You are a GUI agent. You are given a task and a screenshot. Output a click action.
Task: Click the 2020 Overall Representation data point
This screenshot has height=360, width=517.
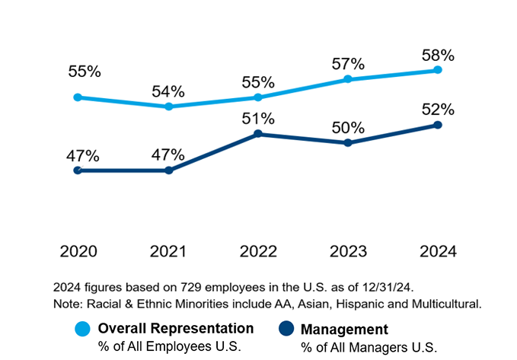pyautogui.click(x=78, y=97)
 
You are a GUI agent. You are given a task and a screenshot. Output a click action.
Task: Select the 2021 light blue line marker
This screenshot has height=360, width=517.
pyautogui.click(x=168, y=107)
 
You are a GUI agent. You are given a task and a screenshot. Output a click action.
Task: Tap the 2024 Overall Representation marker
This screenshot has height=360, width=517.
pyautogui.click(x=437, y=70)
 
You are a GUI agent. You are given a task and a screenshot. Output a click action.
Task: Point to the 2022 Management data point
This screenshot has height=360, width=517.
pyautogui.click(x=258, y=134)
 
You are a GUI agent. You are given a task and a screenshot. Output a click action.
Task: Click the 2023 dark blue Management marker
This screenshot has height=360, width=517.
pyautogui.click(x=347, y=143)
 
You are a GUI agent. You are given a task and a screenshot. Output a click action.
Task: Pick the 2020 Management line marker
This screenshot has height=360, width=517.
pyautogui.click(x=78, y=170)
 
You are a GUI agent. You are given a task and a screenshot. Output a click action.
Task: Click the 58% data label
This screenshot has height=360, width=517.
pyautogui.click(x=438, y=56)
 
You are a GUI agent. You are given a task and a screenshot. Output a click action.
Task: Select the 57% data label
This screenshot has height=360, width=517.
pyautogui.click(x=348, y=64)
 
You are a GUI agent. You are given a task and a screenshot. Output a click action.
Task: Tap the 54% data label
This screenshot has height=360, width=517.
pyautogui.click(x=168, y=91)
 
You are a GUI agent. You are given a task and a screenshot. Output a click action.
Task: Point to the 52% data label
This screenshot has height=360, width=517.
pyautogui.click(x=438, y=110)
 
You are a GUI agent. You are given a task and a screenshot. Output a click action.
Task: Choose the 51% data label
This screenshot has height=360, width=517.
pyautogui.click(x=258, y=119)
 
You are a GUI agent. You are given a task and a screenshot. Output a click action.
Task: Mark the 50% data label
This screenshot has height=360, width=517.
pyautogui.click(x=348, y=128)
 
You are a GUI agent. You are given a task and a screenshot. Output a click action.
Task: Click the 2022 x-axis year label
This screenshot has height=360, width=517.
pyautogui.click(x=258, y=252)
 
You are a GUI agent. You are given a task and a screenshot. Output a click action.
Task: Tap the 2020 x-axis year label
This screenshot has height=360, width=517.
pyautogui.click(x=78, y=252)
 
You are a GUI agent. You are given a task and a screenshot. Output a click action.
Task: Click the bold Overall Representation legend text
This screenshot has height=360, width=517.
pyautogui.click(x=175, y=328)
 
